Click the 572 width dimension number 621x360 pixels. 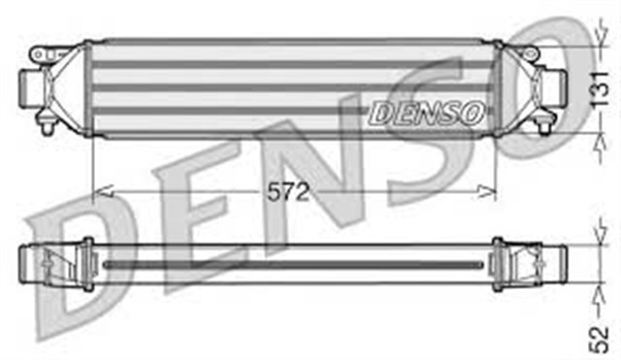point(288,192)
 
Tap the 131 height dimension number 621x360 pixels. point(600,89)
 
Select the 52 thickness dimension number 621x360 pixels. point(599,339)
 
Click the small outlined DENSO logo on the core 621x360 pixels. point(427,113)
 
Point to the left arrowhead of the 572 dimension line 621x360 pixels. point(103,192)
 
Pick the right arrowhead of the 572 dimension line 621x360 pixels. point(486,192)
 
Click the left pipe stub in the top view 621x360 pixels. point(30,87)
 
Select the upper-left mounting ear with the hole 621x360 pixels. point(42,54)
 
